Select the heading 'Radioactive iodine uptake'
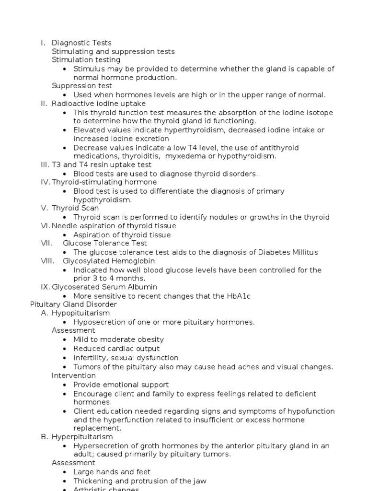click(99, 104)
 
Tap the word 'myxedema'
click(183, 156)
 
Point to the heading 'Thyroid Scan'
click(75, 208)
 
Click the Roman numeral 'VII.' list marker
click(46, 243)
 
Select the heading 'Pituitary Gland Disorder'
click(73, 304)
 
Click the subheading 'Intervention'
click(74, 375)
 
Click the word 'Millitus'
click(301, 252)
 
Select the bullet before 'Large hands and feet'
click(65, 472)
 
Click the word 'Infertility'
click(92, 358)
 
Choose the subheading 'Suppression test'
click(82, 86)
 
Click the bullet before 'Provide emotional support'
click(65, 385)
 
